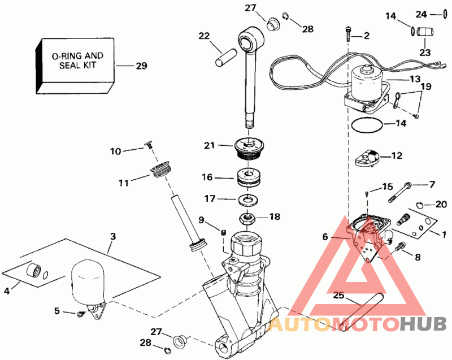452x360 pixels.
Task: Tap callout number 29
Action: pos(141,66)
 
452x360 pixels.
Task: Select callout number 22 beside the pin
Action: pos(203,36)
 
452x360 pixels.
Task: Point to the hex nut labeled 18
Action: pos(247,216)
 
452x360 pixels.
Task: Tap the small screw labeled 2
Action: pos(348,33)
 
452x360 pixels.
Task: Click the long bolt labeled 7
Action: pos(399,190)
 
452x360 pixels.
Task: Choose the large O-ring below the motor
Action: pos(367,126)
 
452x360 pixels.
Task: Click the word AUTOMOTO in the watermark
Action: pos(334,324)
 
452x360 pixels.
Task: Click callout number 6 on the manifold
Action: pos(325,237)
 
